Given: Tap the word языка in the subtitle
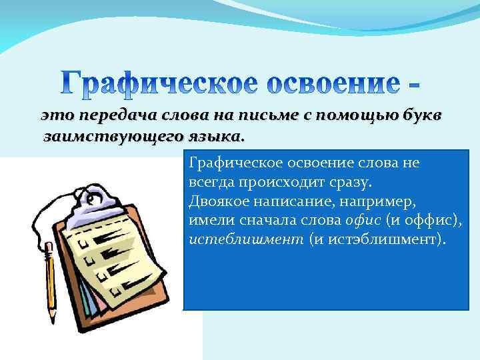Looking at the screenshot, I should click(x=213, y=137).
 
